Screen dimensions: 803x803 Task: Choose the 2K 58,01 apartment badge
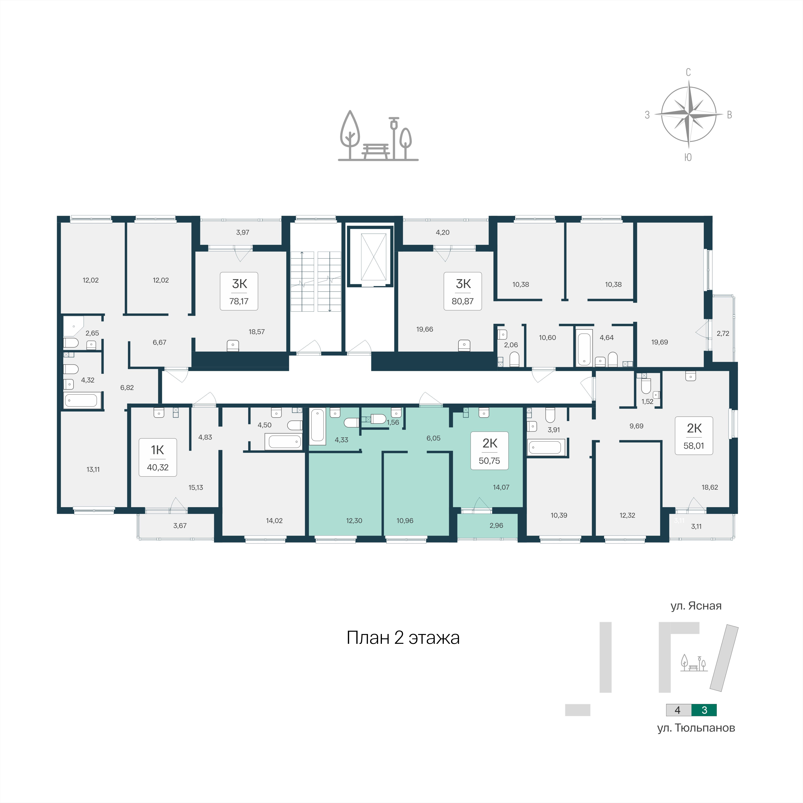click(694, 436)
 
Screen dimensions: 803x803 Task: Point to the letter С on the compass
click(688, 72)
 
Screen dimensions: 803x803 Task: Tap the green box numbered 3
click(704, 710)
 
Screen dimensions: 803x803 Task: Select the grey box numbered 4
click(678, 710)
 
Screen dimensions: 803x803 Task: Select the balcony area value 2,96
click(496, 525)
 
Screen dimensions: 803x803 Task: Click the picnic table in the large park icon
click(376, 151)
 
